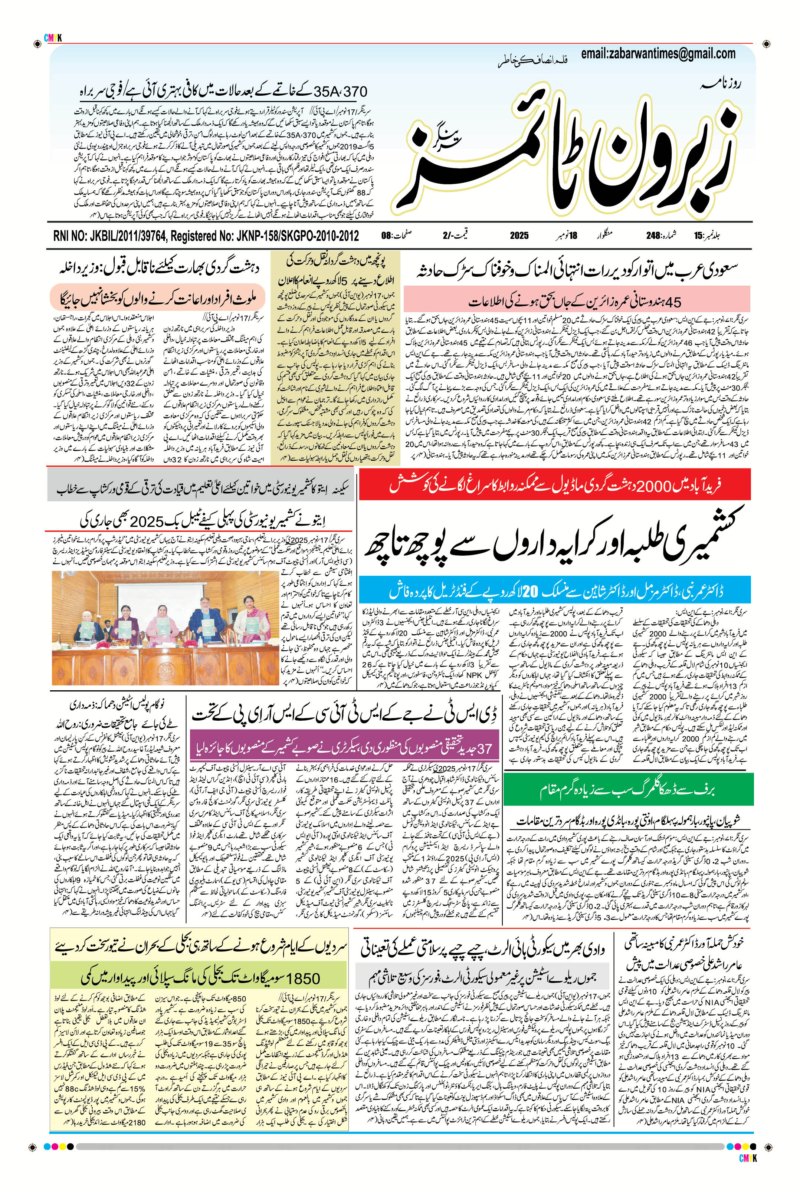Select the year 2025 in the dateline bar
coord(519,236)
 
